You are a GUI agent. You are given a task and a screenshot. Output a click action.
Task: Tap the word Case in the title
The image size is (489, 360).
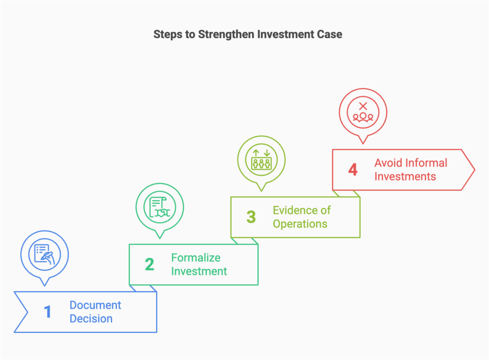coord(331,34)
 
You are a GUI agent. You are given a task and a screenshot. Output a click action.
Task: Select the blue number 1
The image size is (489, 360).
coord(47,312)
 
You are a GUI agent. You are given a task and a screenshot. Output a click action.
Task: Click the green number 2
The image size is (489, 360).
coord(149,265)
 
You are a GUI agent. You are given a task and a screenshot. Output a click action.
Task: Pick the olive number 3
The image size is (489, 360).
coord(251,217)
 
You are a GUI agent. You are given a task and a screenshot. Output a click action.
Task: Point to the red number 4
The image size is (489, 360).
coord(353,169)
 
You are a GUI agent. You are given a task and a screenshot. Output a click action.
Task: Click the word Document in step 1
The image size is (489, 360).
coord(96,305)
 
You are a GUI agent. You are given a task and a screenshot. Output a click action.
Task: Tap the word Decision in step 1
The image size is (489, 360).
coord(91,319)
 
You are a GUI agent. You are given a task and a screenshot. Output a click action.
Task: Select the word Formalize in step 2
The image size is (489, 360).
coord(196,258)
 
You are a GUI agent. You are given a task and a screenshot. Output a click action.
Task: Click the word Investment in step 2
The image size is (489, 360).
coord(199,272)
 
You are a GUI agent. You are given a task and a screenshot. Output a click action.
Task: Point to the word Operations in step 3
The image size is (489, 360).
coord(300,224)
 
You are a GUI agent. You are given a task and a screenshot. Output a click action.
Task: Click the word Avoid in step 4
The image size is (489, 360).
coord(388,163)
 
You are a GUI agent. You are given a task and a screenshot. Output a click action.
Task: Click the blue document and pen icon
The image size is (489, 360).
coord(45,254)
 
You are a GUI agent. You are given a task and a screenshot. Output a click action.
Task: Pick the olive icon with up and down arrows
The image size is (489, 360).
coord(261,159)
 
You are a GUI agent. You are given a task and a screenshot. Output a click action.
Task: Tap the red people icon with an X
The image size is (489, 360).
coord(363,111)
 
